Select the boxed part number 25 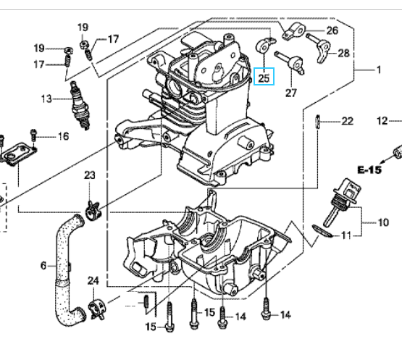[x=264, y=77]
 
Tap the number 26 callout [x=332, y=30]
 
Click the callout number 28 [x=343, y=53]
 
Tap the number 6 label [x=43, y=266]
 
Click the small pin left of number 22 [x=318, y=121]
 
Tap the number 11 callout [x=346, y=235]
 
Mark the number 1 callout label [x=377, y=70]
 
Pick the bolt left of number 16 [x=33, y=134]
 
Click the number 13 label [x=46, y=99]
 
